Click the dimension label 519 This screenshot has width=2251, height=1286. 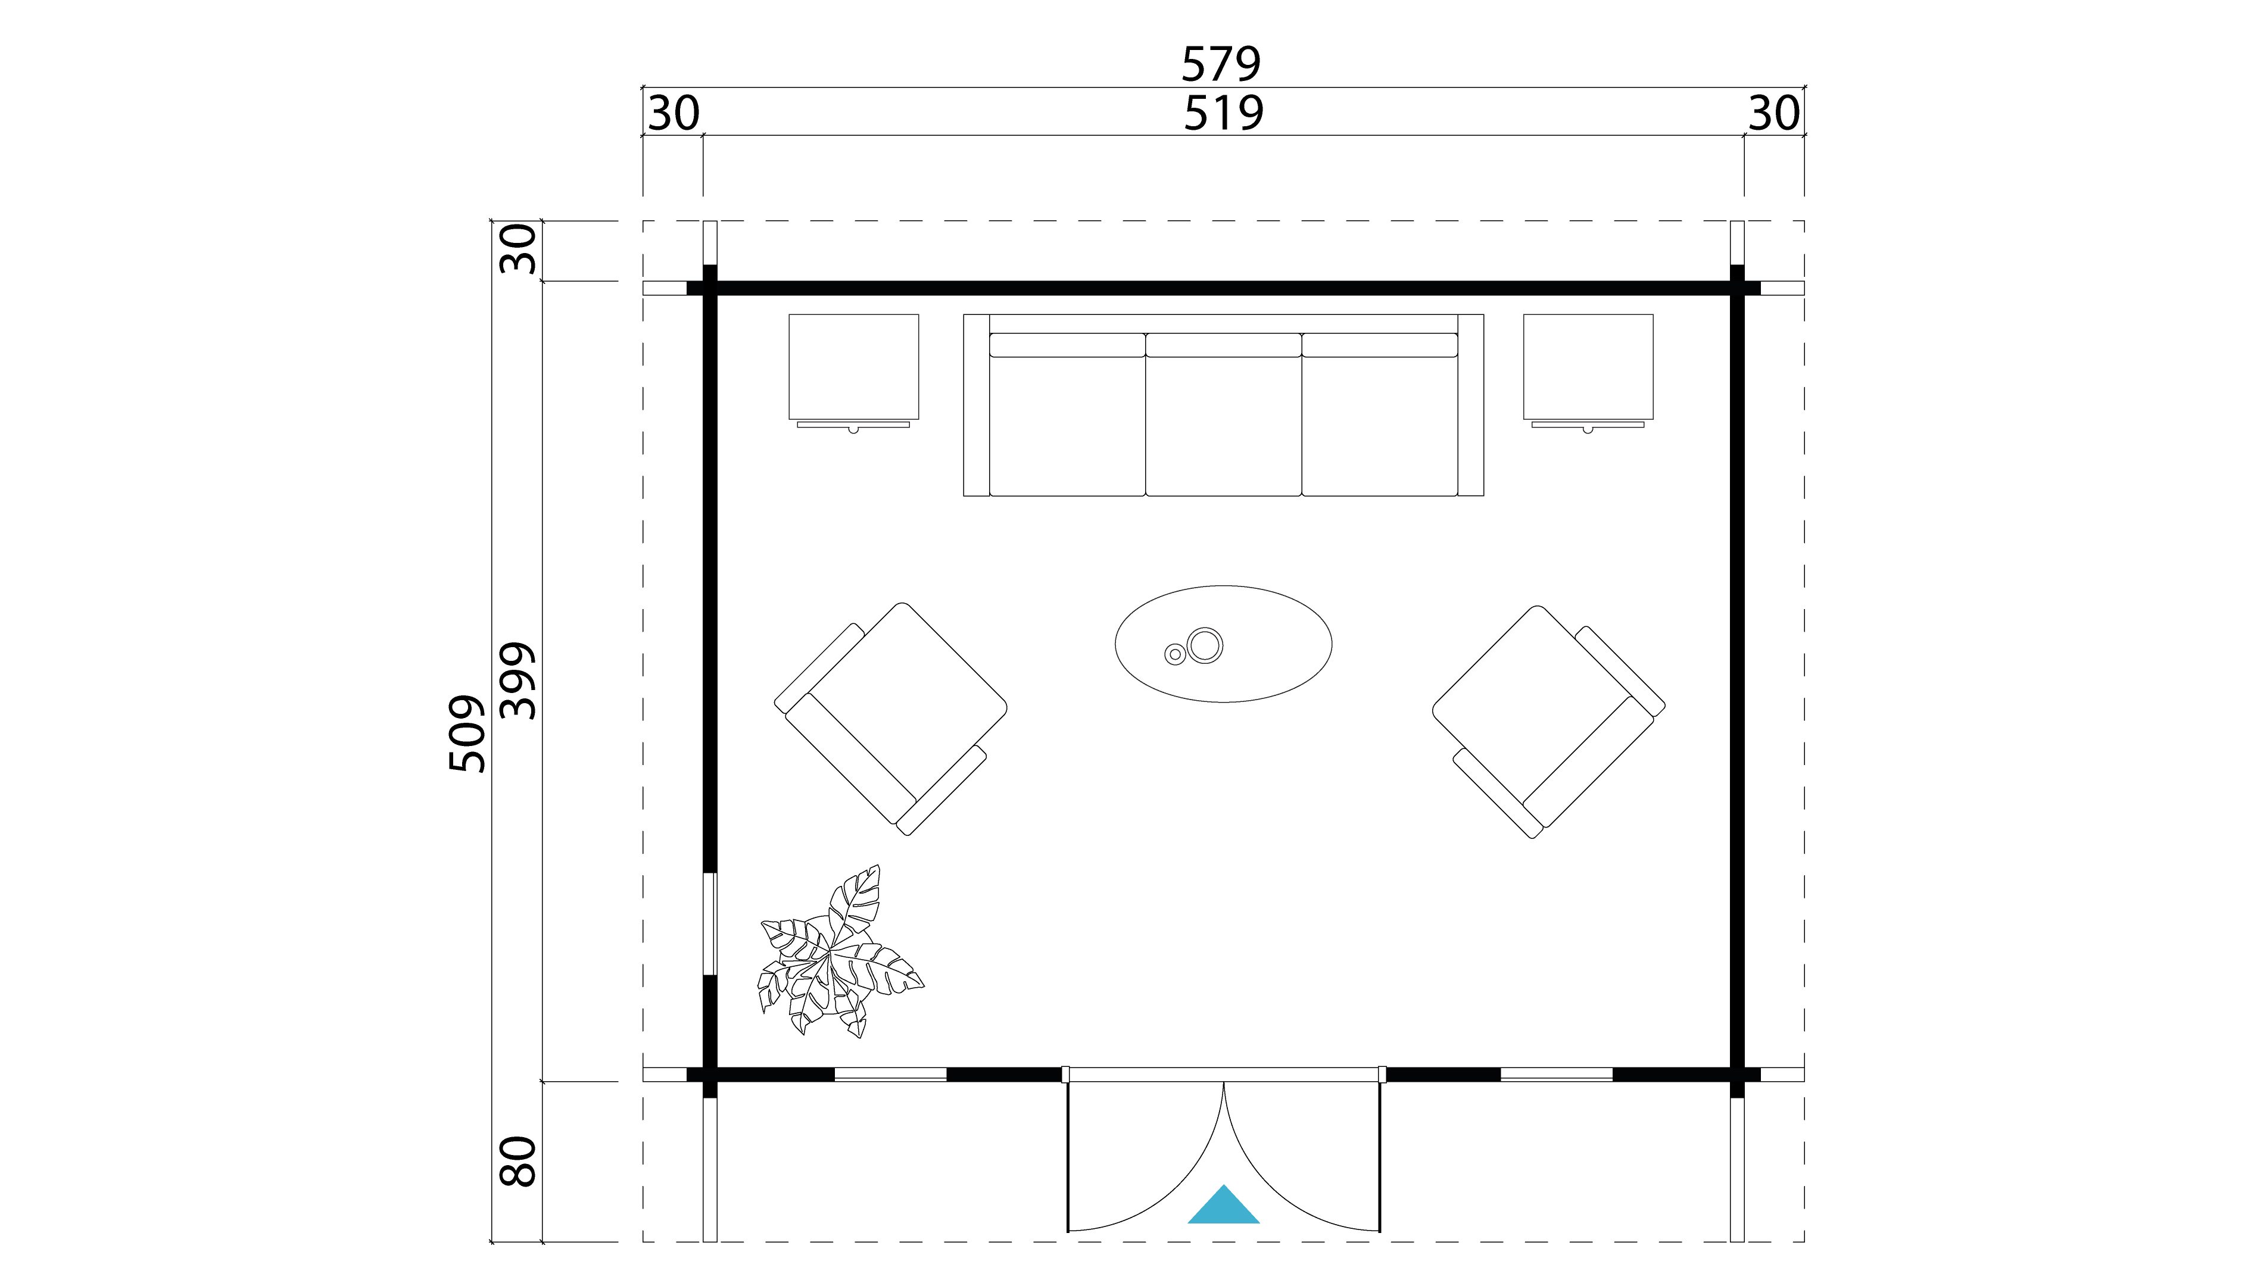[1224, 113]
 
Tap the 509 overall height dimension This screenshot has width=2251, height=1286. [467, 734]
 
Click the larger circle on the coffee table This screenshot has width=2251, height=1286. [1205, 645]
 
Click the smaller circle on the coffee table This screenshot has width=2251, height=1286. [1175, 654]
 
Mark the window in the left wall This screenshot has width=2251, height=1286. [709, 924]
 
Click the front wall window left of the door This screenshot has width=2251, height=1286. [890, 1074]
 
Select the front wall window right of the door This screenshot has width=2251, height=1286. [1557, 1074]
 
